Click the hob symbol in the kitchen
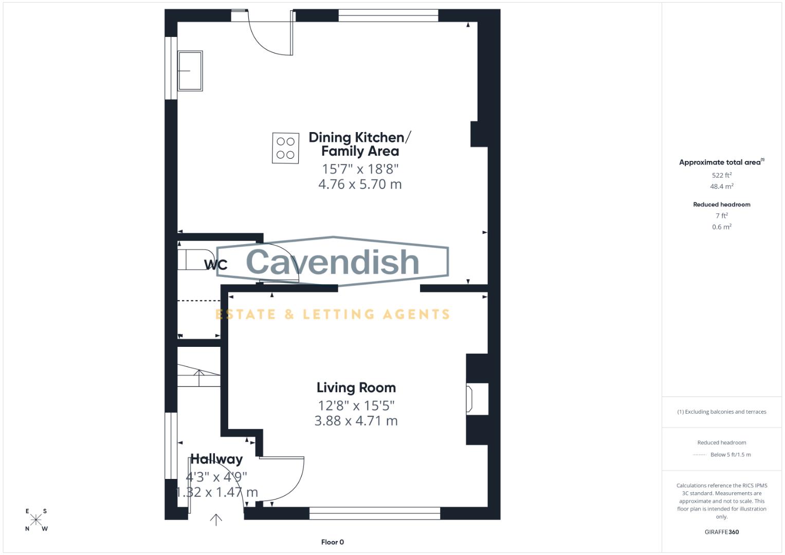(x=285, y=148)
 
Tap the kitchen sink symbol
(x=190, y=71)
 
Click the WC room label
(x=215, y=265)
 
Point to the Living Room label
(x=356, y=387)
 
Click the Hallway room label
(x=216, y=459)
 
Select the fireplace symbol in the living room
(x=469, y=398)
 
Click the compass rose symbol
(x=36, y=520)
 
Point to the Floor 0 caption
(x=332, y=542)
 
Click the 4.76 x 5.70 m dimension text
(x=360, y=184)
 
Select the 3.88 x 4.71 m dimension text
(x=356, y=420)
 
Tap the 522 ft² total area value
(x=721, y=175)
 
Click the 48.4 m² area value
(x=721, y=187)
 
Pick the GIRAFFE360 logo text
(x=721, y=532)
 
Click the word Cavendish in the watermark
(x=333, y=262)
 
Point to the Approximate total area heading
(x=721, y=162)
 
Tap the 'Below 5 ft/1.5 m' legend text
(x=730, y=455)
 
